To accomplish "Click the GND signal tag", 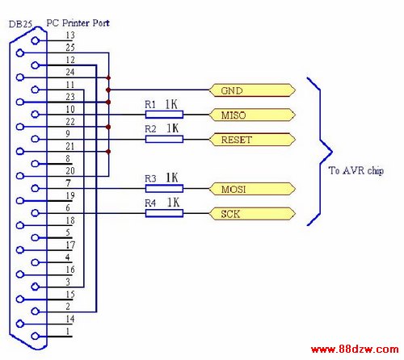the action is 252,90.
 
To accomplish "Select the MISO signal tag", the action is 252,115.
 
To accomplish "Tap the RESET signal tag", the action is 252,140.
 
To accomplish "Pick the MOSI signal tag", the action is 252,189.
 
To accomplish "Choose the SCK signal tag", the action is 252,214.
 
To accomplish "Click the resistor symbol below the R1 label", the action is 164,115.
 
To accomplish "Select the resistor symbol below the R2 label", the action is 164,139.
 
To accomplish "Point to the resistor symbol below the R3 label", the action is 164,189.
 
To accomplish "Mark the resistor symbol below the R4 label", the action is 164,213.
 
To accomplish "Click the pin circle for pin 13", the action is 36,40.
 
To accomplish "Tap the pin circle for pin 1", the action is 36,336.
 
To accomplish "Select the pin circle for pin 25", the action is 20,53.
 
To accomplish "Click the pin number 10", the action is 70,109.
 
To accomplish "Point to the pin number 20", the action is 70,170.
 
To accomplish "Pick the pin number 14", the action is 70,319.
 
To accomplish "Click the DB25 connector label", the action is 20,24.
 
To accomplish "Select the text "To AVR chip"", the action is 356,170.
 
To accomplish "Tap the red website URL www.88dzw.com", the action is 355,350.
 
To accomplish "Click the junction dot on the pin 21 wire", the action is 108,152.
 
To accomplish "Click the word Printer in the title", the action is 76,23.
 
